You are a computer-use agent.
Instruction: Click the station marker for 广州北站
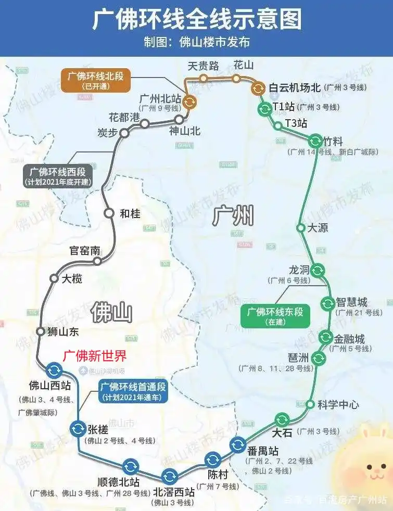click(189, 102)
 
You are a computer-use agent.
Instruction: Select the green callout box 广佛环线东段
click(275, 316)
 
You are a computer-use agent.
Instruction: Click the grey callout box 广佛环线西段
click(58, 176)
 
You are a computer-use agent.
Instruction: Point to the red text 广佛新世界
click(95, 356)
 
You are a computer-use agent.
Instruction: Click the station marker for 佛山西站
click(54, 370)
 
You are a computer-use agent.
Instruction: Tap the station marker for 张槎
click(78, 428)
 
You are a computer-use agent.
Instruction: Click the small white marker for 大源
click(300, 227)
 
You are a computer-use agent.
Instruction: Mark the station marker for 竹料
click(315, 140)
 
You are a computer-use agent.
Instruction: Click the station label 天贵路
click(204, 66)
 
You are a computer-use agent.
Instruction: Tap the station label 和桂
click(130, 213)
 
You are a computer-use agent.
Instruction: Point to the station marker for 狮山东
click(41, 331)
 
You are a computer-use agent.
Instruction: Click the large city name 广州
click(233, 215)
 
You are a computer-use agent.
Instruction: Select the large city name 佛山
click(111, 313)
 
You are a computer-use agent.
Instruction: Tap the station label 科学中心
click(338, 405)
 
